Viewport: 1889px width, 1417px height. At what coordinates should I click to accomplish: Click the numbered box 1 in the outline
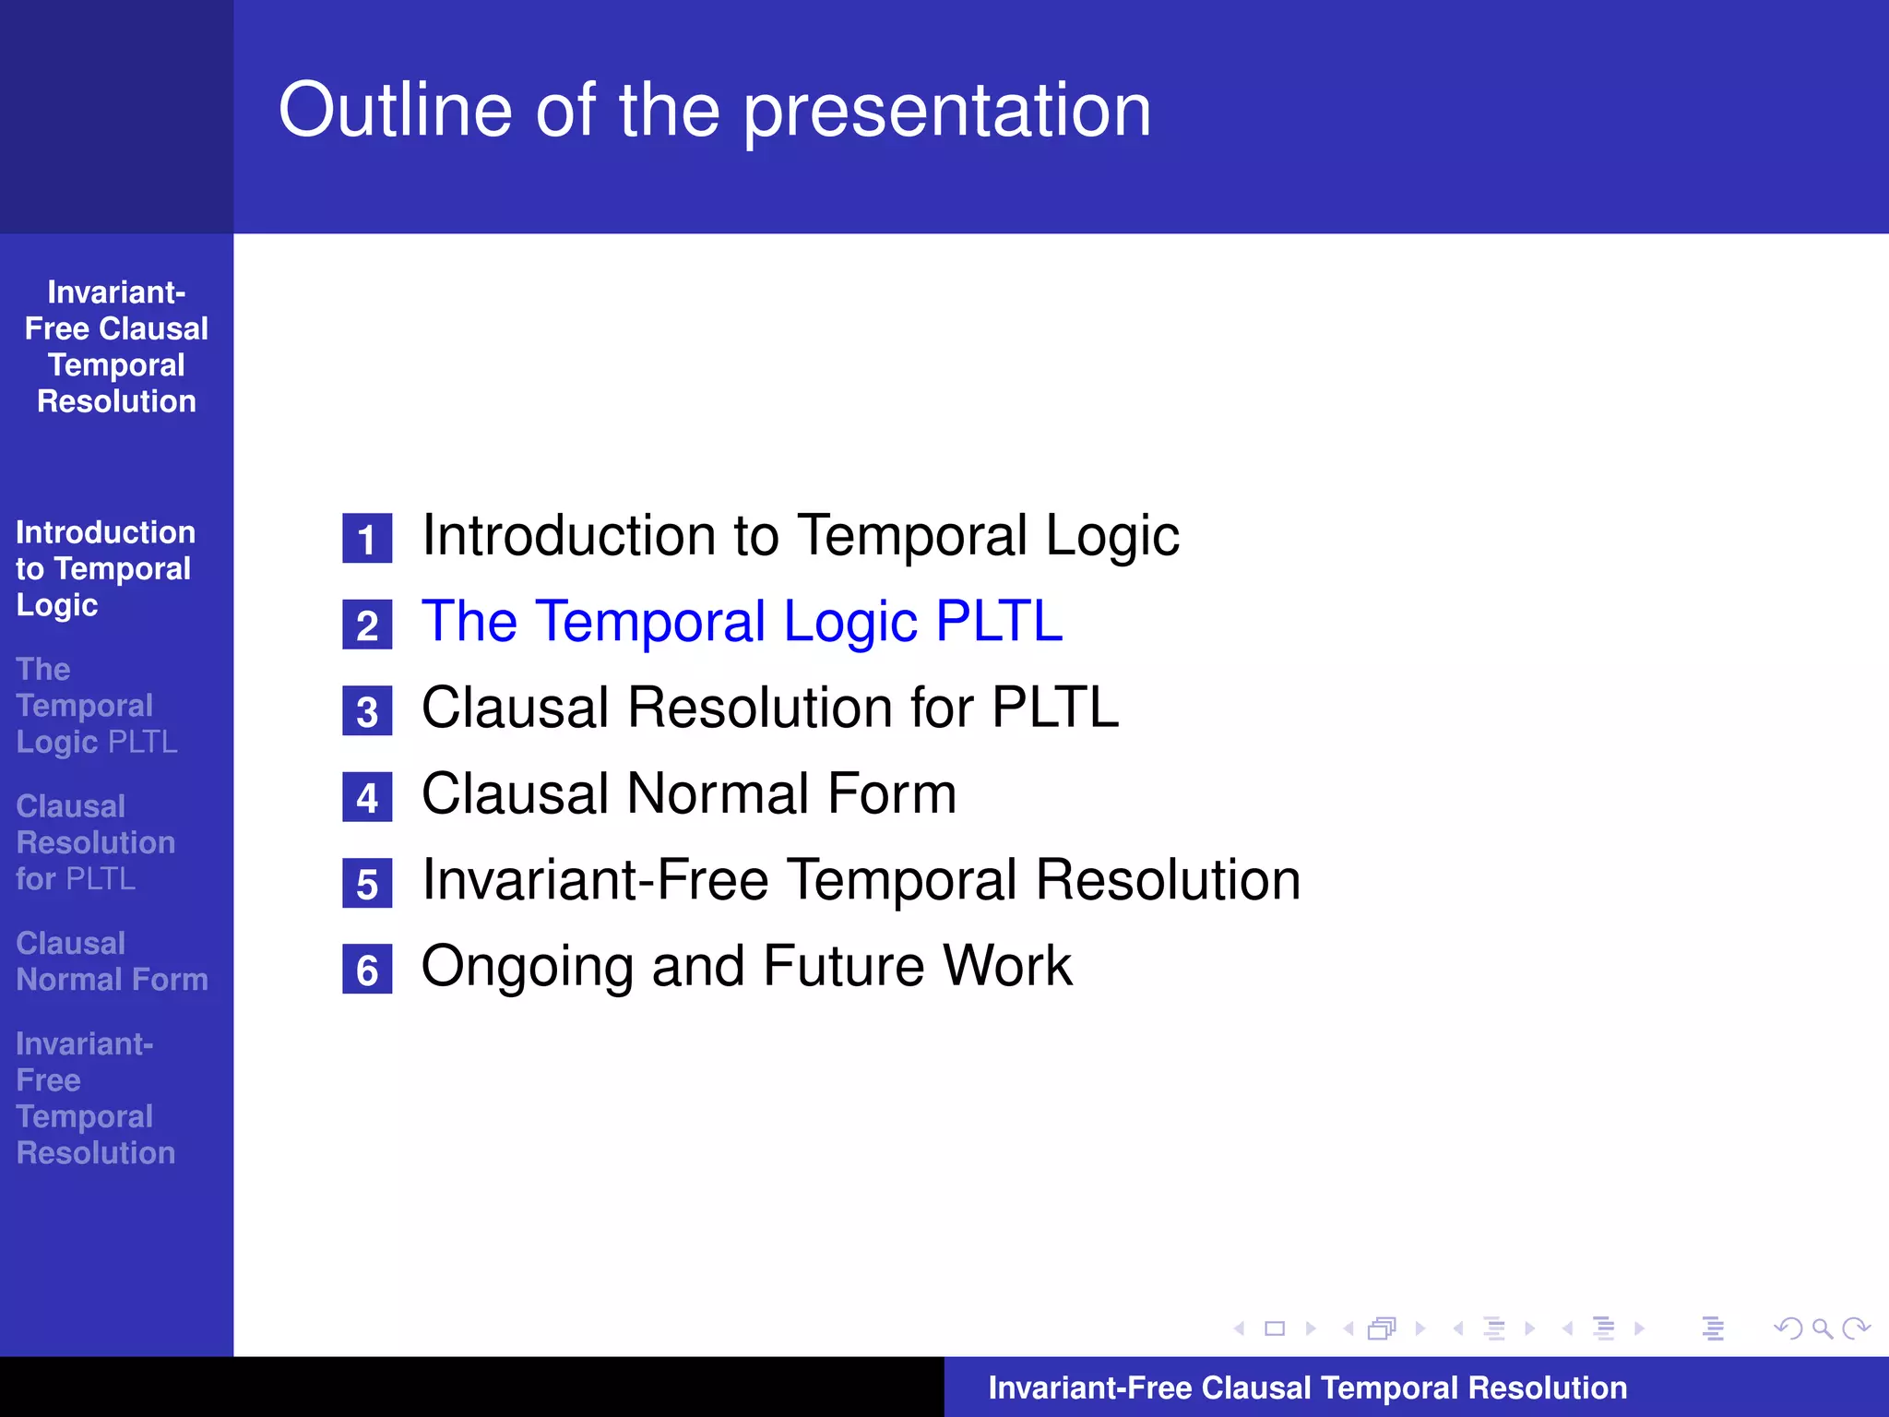click(x=367, y=539)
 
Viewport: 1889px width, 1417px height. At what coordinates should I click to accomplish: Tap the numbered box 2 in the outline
click(x=367, y=625)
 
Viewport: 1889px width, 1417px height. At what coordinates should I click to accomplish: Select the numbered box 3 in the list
click(x=367, y=711)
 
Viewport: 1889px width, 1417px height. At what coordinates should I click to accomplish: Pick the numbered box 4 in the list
click(x=367, y=797)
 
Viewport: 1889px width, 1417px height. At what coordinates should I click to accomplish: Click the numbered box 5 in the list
click(x=367, y=884)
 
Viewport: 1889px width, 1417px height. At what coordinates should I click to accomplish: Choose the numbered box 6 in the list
click(x=367, y=970)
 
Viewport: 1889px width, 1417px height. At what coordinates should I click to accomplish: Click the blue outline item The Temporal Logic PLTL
click(x=742, y=621)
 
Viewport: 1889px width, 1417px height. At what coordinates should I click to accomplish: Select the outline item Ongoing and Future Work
click(x=746, y=966)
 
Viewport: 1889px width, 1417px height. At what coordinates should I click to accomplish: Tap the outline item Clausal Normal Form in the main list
click(x=688, y=793)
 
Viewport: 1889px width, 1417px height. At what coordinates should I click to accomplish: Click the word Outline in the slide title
click(x=395, y=110)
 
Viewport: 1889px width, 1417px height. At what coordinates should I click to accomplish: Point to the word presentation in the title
click(x=947, y=110)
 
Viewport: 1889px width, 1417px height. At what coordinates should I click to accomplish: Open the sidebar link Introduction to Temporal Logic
click(x=104, y=568)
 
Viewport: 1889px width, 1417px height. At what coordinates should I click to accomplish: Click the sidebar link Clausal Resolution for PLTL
click(x=95, y=842)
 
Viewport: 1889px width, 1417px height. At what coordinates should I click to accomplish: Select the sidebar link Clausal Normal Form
click(x=112, y=961)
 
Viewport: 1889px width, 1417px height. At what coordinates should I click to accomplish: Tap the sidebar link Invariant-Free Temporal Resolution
click(x=95, y=1098)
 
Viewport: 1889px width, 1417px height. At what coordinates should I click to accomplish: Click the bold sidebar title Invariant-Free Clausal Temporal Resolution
click(x=116, y=347)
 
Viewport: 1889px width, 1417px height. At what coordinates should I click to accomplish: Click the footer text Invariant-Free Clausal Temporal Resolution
click(x=1307, y=1387)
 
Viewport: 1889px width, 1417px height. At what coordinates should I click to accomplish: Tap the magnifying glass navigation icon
click(x=1822, y=1328)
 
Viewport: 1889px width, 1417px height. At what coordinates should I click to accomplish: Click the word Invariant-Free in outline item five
click(x=595, y=879)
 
